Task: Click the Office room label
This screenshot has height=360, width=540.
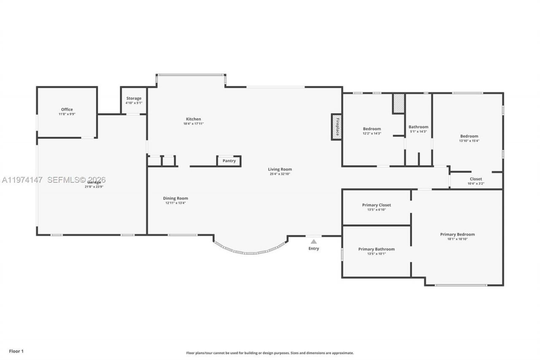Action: point(67,110)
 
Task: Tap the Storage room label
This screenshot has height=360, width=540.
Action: point(133,99)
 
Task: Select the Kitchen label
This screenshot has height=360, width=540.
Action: point(194,119)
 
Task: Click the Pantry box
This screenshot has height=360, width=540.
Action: point(229,161)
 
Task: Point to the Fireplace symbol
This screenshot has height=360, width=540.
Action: point(337,126)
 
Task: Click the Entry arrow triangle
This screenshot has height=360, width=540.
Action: point(313,242)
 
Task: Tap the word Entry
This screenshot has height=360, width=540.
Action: point(313,249)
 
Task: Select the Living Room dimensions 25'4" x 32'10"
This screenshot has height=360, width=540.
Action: point(280,174)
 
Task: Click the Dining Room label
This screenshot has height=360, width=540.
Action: point(175,198)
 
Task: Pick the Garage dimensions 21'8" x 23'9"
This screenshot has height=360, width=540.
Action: point(94,187)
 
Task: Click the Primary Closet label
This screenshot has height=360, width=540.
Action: point(376,205)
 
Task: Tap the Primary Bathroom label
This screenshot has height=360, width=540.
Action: point(376,249)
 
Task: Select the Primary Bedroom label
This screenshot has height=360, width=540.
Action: point(457,235)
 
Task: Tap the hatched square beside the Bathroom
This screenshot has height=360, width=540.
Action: point(398,103)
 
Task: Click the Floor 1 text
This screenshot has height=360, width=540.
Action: point(16,351)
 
